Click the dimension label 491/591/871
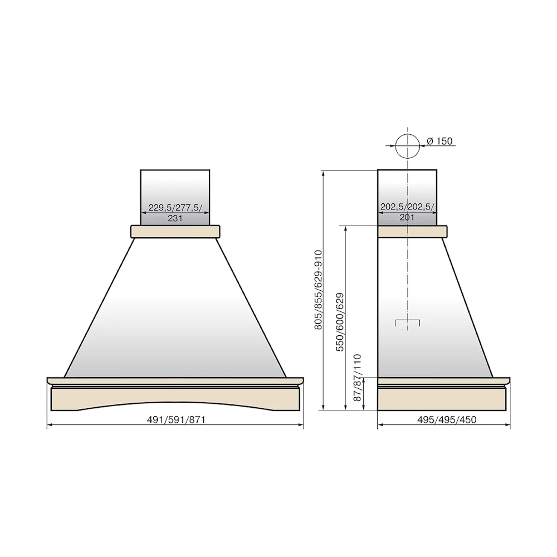tap(176, 419)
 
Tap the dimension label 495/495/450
tap(447, 419)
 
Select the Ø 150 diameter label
tap(439, 141)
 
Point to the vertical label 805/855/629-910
tap(318, 290)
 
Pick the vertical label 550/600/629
tap(340, 322)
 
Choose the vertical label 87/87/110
tap(358, 377)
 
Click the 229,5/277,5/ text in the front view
tap(175, 207)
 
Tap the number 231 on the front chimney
tap(175, 218)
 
